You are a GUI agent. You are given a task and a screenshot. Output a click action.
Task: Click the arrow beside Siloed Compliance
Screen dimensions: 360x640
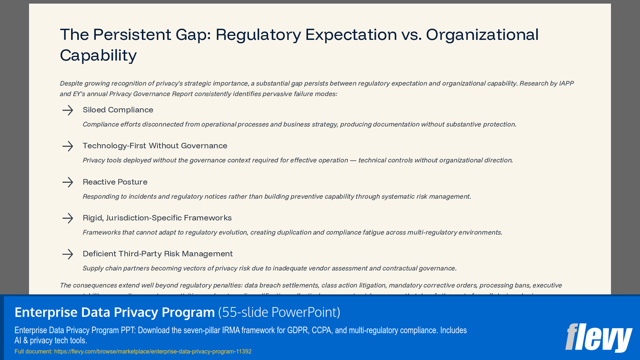[67, 110]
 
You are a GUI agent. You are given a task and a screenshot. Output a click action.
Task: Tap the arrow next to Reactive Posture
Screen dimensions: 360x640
[67, 182]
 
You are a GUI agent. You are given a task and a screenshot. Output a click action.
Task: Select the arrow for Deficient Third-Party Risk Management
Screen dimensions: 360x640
[67, 254]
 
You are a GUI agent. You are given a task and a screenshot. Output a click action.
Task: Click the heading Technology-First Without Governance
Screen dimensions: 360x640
[155, 146]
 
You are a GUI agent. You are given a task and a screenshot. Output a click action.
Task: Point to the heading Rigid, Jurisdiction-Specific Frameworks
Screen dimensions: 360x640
[157, 218]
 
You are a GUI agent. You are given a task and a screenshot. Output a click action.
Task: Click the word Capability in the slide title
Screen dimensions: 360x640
[98, 55]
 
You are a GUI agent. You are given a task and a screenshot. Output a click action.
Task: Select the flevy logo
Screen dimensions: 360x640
[599, 337]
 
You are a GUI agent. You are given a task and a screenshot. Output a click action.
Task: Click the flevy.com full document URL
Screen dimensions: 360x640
[153, 351]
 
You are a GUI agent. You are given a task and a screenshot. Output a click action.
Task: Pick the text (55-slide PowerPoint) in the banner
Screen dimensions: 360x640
[279, 312]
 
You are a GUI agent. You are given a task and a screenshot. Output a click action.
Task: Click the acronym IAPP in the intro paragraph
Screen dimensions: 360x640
[566, 83]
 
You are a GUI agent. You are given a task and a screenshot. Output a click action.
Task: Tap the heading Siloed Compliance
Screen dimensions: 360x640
[118, 110]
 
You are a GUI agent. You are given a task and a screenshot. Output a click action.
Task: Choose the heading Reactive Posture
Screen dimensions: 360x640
[115, 182]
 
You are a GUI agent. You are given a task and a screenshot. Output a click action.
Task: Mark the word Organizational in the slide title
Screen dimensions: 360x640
[482, 35]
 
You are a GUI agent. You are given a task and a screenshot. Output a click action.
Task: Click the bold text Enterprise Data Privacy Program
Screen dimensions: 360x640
[115, 312]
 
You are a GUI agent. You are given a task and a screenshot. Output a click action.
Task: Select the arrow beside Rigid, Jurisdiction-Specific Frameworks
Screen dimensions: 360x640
[67, 218]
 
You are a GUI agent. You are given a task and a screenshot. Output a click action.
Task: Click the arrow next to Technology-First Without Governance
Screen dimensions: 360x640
[67, 146]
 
